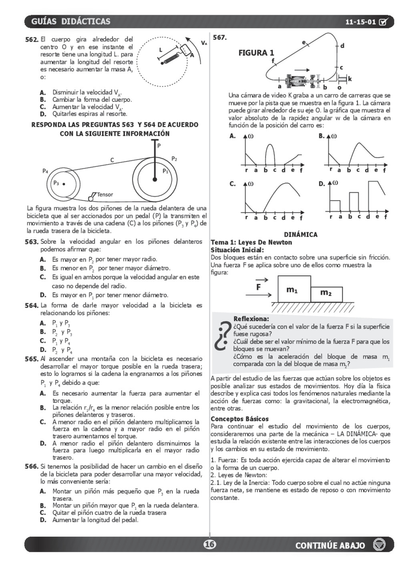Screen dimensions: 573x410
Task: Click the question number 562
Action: tap(32, 40)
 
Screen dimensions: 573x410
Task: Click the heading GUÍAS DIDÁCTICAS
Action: tap(70, 22)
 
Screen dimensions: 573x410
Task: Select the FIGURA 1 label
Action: tap(256, 53)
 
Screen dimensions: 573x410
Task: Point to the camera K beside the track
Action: tap(344, 79)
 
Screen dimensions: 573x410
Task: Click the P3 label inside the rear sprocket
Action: tap(56, 183)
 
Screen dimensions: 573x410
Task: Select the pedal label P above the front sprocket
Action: tap(159, 146)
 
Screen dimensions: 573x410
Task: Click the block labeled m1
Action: tap(294, 289)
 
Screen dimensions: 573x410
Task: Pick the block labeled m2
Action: tap(326, 294)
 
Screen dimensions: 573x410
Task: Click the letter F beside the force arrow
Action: tap(259, 287)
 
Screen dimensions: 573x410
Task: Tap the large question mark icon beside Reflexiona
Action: tap(221, 336)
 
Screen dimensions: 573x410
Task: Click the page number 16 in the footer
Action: tap(209, 545)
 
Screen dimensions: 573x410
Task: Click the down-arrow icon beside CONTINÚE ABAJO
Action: tap(379, 545)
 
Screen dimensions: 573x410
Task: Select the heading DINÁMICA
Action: tap(300, 235)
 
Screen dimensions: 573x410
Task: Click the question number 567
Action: tap(220, 38)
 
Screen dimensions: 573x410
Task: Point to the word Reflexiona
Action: tap(251, 319)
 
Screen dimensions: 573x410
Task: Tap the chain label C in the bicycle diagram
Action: tap(112, 160)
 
